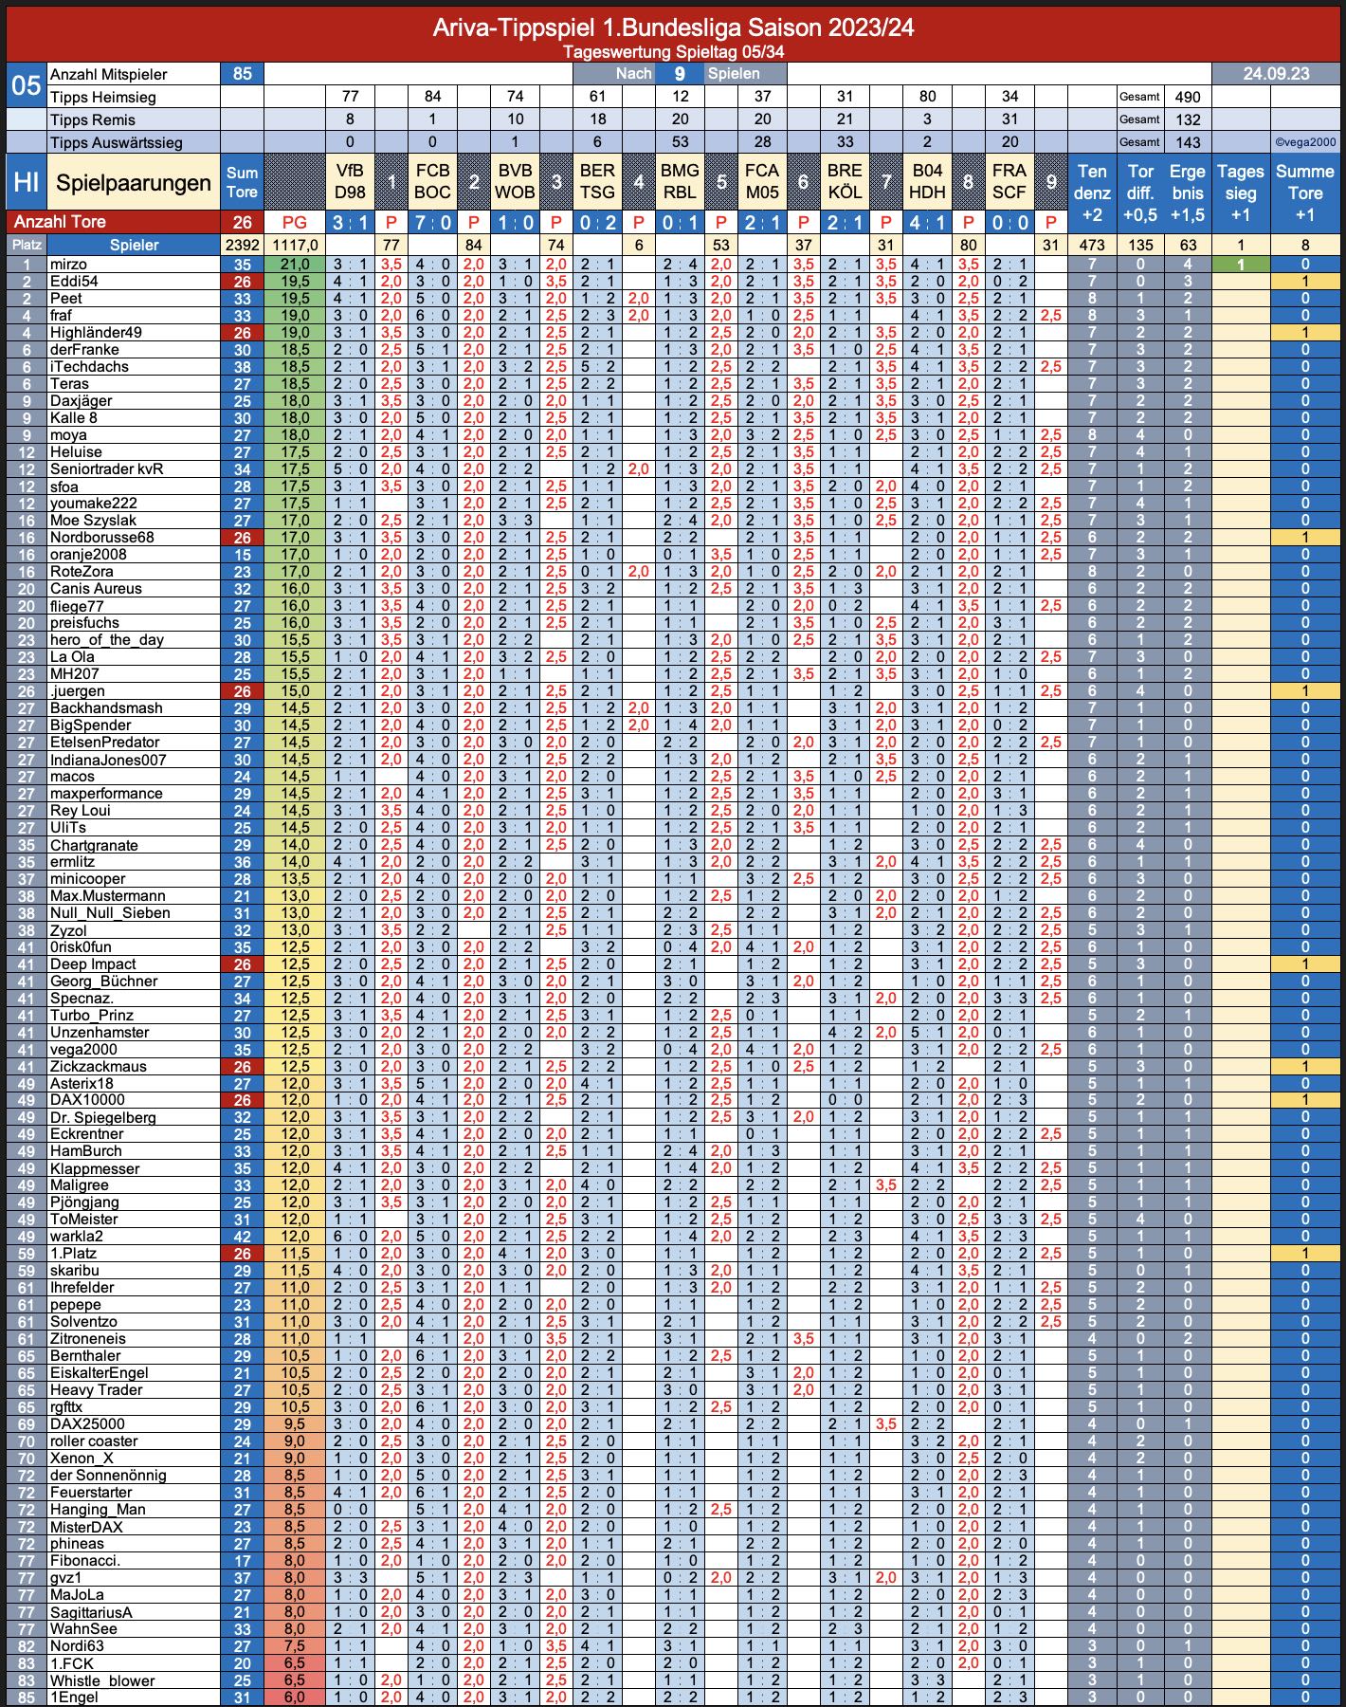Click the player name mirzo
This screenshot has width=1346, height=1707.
[x=68, y=265]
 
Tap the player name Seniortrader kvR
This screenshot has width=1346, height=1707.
[x=106, y=469]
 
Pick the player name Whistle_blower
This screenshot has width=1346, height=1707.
[x=101, y=1680]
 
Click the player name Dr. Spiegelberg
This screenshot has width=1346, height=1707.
[x=102, y=1117]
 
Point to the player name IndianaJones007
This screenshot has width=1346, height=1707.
[x=108, y=760]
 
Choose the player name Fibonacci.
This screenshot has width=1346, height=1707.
[x=85, y=1560]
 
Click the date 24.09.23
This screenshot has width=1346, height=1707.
[x=1276, y=74]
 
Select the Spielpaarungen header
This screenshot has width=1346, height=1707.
[x=134, y=183]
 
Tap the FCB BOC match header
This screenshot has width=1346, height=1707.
[x=432, y=182]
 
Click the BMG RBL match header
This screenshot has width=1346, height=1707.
[x=680, y=182]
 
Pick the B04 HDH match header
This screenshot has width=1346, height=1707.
[x=927, y=182]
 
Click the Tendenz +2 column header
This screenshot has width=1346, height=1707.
[x=1092, y=193]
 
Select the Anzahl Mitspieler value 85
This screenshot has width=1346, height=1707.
[x=243, y=74]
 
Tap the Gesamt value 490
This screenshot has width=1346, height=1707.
[x=1188, y=97]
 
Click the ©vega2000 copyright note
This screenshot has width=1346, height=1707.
[x=1305, y=142]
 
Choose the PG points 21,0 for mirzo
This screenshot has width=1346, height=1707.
[x=295, y=265]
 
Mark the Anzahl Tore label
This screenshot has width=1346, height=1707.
[x=59, y=222]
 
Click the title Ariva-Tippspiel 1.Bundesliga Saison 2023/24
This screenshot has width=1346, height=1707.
[x=673, y=28]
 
